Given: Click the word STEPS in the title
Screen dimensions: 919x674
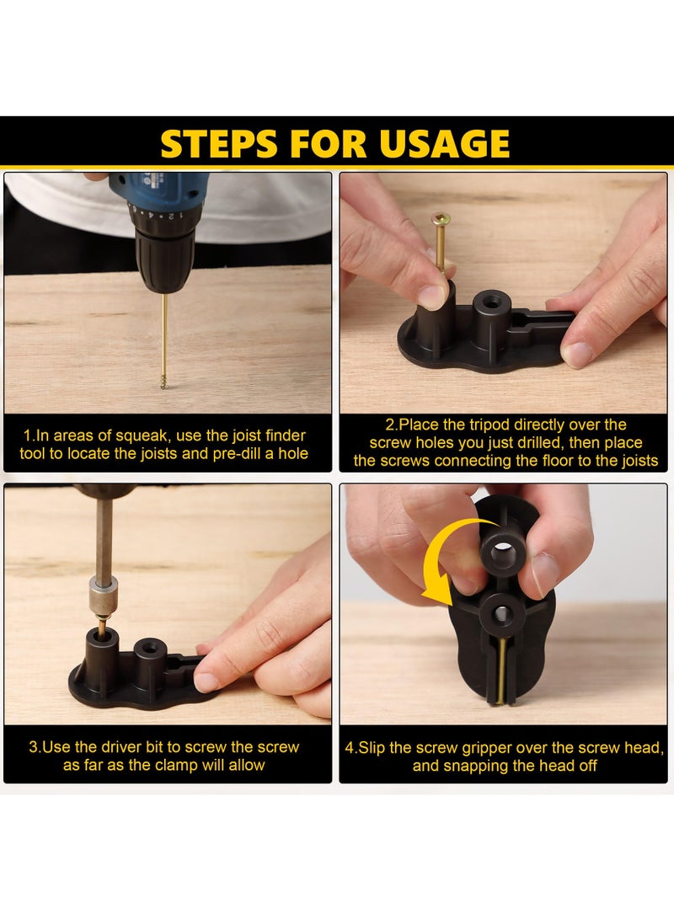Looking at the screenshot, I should point(219,143).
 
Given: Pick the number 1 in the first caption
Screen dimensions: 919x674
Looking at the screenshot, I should point(27,436).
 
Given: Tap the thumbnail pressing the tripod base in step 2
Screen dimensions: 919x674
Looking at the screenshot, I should point(577,354).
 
